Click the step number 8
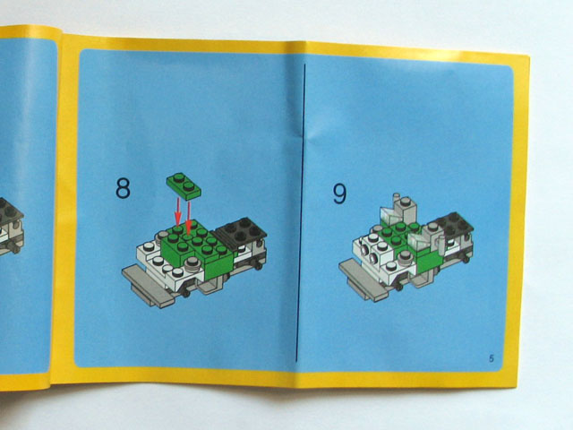tap(123, 188)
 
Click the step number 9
tap(339, 193)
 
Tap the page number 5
tap(492, 358)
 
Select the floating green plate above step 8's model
tap(184, 186)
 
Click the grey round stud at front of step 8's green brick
tap(192, 262)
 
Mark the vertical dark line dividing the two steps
tap(301, 212)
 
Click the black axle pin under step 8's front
tap(187, 293)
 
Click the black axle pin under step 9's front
tap(399, 288)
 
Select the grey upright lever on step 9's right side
tap(441, 245)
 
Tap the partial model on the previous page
tap(11, 227)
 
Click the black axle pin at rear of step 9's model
tap(466, 259)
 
